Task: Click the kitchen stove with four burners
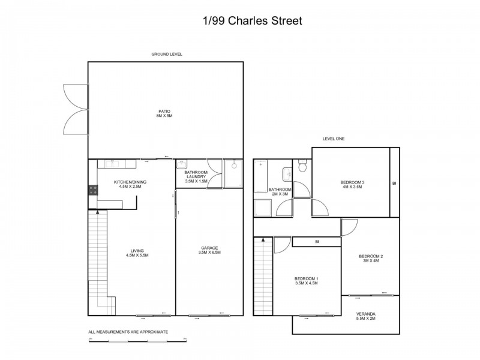[x=94, y=190]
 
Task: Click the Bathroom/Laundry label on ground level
[x=196, y=177]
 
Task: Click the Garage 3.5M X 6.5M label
[x=210, y=250]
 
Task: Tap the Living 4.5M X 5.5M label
[x=138, y=253]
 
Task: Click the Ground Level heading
[x=166, y=54]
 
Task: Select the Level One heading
[x=334, y=139]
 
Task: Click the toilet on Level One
[x=304, y=166]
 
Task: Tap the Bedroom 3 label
[x=352, y=184]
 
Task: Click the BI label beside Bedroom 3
[x=394, y=183]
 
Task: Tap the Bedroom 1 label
[x=306, y=281]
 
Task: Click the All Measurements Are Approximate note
[x=128, y=332]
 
